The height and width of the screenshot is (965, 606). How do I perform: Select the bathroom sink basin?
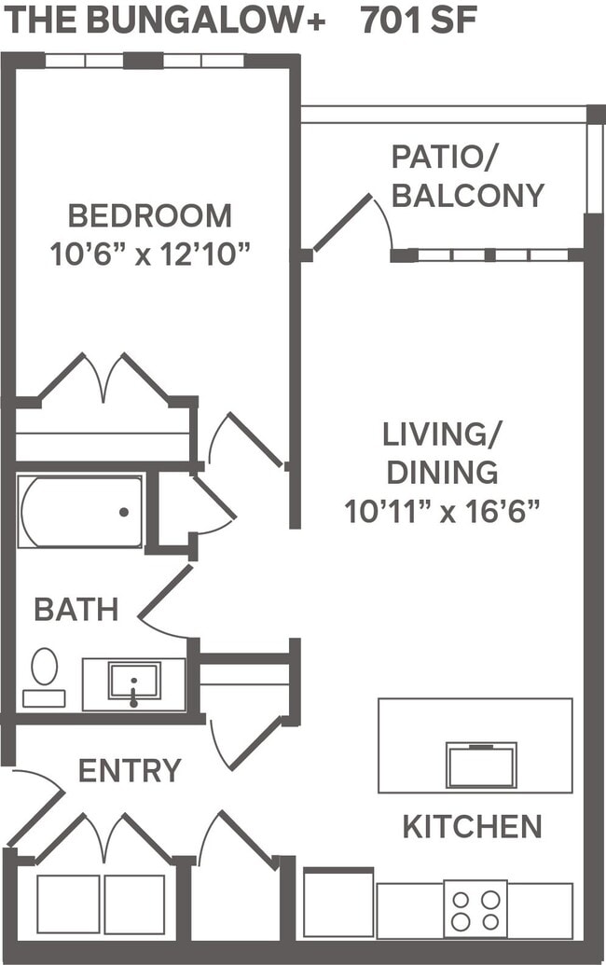(x=134, y=681)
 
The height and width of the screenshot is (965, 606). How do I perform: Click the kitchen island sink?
(x=481, y=765)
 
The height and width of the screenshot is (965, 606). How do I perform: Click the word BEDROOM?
(x=150, y=215)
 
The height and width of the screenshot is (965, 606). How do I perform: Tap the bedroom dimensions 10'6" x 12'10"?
(x=152, y=254)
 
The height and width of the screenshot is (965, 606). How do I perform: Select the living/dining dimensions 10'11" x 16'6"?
(x=443, y=511)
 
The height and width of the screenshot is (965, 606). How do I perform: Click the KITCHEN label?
(x=472, y=826)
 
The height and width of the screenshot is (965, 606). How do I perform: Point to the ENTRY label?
(x=130, y=771)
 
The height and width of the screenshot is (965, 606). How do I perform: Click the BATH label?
(x=76, y=610)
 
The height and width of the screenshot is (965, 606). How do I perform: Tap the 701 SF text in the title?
(x=419, y=21)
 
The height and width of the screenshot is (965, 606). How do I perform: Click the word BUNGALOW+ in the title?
(x=205, y=21)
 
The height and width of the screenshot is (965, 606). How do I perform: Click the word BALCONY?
(x=468, y=195)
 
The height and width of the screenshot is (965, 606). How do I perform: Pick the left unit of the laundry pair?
(x=68, y=903)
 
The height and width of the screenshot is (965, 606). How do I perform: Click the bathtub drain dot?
(x=124, y=512)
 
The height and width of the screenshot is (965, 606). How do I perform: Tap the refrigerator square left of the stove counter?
(x=338, y=903)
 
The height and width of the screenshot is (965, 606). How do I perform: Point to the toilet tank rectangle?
(x=44, y=698)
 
